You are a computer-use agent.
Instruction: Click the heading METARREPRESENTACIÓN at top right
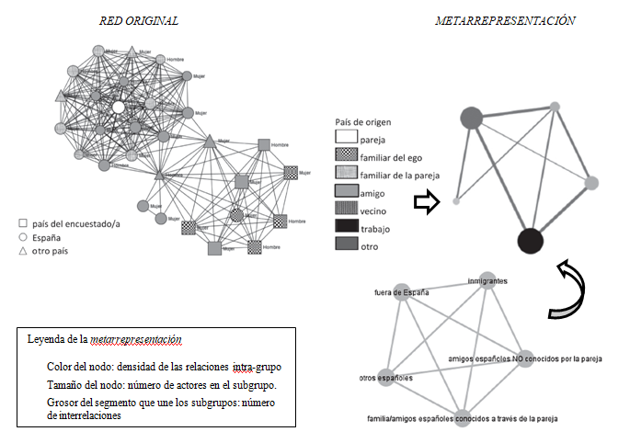pyautogui.click(x=505, y=20)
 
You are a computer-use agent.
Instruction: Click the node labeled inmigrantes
pyautogui.click(x=488, y=282)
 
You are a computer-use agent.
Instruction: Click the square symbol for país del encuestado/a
pyautogui.click(x=21, y=223)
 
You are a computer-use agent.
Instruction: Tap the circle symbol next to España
pyautogui.click(x=21, y=237)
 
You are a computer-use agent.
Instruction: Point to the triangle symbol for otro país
pyautogui.click(x=21, y=251)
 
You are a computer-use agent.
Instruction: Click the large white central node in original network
pyautogui.click(x=118, y=108)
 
